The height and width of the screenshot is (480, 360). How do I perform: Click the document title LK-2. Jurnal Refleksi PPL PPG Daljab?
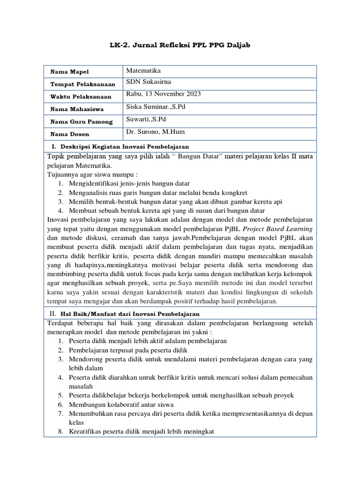180,45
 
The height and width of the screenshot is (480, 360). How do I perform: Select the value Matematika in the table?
143,70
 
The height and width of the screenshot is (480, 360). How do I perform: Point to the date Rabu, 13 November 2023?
163,94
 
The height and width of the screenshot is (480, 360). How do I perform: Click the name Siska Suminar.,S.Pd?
156,106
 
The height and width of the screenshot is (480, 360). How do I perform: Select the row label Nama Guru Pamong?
82,121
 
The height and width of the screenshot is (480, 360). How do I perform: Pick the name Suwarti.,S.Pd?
146,119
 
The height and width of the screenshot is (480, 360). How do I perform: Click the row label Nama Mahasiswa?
77,109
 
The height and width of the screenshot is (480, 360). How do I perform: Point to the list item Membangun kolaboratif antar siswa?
121,405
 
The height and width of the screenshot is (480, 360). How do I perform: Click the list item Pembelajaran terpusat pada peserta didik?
128,350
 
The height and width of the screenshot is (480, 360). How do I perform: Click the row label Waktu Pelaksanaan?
81,97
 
